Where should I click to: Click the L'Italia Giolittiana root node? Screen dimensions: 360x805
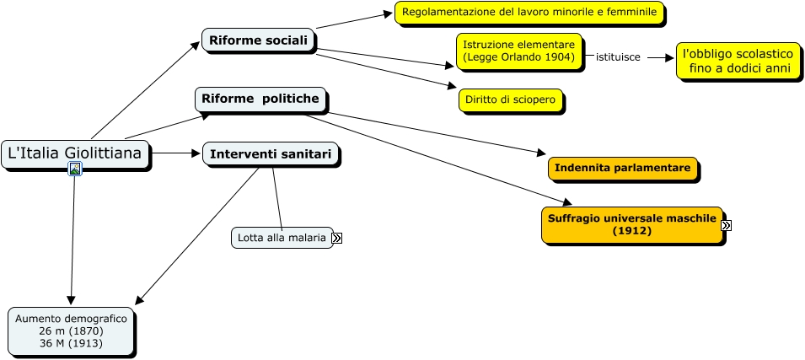(x=75, y=153)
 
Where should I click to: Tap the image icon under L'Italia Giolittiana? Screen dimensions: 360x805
(x=75, y=169)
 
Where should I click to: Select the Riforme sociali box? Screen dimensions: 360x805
(x=258, y=40)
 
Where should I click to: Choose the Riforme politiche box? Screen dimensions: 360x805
(x=260, y=99)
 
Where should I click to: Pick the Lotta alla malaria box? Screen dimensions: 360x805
(x=281, y=239)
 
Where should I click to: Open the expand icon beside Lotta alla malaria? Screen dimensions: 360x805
(x=337, y=239)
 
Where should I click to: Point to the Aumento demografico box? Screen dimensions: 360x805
(x=71, y=331)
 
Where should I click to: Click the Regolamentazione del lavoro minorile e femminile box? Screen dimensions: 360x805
(x=529, y=13)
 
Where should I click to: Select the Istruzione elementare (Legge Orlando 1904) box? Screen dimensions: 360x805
(x=518, y=51)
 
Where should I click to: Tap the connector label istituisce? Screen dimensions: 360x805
(x=618, y=57)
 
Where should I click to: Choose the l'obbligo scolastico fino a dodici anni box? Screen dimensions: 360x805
(x=738, y=61)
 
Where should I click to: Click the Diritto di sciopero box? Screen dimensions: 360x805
(x=510, y=100)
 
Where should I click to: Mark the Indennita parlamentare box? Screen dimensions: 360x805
(x=623, y=168)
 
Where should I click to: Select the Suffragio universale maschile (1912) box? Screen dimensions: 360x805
(x=632, y=224)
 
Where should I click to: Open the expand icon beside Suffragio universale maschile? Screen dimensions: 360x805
(x=726, y=225)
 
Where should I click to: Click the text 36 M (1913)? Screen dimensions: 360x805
(x=71, y=344)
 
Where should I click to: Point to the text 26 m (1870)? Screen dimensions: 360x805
(x=71, y=331)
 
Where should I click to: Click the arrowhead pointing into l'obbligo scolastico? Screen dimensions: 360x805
(x=672, y=58)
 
